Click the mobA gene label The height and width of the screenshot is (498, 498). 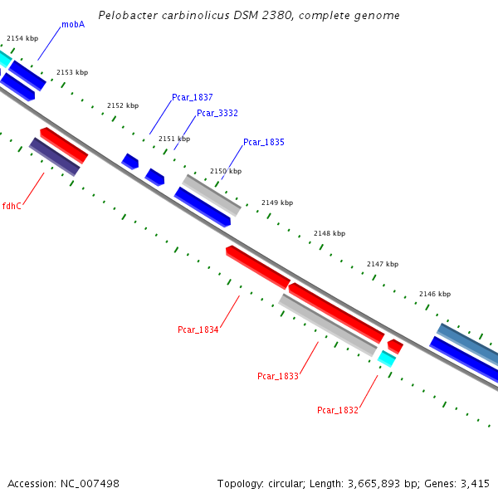[x=73, y=25]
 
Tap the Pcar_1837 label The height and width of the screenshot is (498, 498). [x=193, y=98]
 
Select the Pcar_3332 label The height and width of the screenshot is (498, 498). [x=217, y=113]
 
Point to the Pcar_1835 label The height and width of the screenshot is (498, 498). [x=264, y=143]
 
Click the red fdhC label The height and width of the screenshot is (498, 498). [x=12, y=206]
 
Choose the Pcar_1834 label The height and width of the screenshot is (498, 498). [x=198, y=330]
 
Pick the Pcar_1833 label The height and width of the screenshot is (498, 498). [x=278, y=377]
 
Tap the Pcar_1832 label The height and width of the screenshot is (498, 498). [x=338, y=410]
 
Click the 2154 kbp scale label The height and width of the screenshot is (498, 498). [x=22, y=38]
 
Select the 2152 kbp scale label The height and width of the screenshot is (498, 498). [x=123, y=105]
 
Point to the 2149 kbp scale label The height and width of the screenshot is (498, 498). [x=277, y=203]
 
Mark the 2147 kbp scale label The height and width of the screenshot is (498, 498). [x=383, y=264]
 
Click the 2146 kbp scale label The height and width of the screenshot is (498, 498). [x=435, y=294]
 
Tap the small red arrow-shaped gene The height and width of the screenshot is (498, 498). [x=395, y=345]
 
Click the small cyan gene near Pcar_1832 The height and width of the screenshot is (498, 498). [x=387, y=358]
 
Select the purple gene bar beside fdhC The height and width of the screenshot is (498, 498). [x=54, y=157]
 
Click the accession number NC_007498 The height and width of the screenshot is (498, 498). [x=90, y=483]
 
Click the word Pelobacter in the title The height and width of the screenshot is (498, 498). [x=124, y=16]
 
